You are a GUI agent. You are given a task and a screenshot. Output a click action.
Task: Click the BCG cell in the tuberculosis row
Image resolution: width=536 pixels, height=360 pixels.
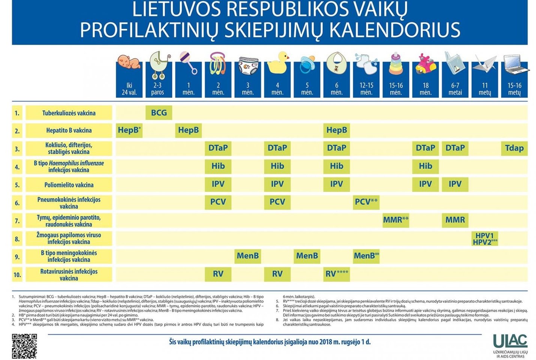[159, 113]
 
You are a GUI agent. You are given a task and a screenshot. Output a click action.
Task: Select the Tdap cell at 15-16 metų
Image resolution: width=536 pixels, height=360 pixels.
[514, 148]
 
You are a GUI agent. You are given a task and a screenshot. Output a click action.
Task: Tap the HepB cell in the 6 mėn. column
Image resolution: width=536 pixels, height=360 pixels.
[336, 130]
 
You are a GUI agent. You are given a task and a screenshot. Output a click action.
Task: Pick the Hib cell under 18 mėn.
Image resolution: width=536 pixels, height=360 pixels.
[425, 166]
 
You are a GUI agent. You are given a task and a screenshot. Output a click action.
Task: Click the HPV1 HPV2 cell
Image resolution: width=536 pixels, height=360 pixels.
[485, 239]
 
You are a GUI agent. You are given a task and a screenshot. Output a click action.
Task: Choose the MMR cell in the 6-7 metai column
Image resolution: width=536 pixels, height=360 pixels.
[455, 220]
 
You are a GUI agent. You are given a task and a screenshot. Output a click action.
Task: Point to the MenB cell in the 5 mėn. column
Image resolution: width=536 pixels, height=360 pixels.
[307, 256]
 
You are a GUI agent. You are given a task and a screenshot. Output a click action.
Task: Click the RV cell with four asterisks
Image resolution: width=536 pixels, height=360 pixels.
[337, 274]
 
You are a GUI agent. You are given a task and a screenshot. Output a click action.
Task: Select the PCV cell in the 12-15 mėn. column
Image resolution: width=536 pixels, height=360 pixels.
[366, 202]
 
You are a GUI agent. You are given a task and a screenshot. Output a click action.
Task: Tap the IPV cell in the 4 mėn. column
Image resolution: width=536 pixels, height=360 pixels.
[277, 184]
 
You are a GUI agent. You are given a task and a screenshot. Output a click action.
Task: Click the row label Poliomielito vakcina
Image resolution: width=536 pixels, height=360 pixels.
[69, 185]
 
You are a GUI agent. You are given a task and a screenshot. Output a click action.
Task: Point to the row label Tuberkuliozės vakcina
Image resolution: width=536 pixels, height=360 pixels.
[69, 113]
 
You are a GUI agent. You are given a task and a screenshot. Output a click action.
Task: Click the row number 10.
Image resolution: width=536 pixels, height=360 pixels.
[17, 275]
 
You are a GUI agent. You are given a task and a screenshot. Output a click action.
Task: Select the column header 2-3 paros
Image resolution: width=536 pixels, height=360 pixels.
[157, 89]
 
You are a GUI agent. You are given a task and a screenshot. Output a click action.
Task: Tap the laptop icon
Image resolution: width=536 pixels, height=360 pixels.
[515, 64]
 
